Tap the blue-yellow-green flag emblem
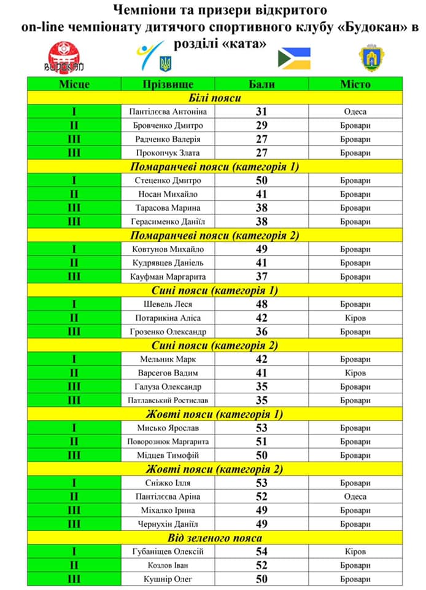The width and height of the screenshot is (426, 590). [x=294, y=58]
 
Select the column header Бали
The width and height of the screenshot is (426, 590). [x=262, y=84]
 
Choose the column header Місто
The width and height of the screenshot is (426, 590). [x=355, y=84]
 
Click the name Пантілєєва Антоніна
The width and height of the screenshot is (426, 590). [x=168, y=112]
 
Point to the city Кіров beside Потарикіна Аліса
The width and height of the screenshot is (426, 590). [x=355, y=318]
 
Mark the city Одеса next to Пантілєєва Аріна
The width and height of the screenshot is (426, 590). [x=355, y=497]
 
